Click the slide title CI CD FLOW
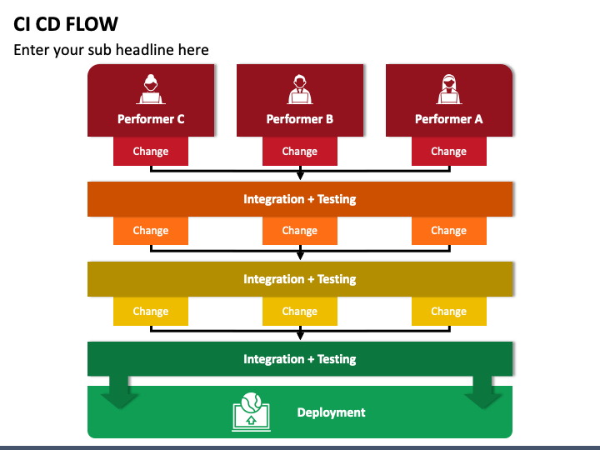coord(66,24)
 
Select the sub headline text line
coord(111,50)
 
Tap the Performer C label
coord(151,119)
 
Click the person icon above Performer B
coord(300,89)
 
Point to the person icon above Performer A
coord(449,89)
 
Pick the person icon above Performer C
coord(151,89)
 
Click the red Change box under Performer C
coord(151,151)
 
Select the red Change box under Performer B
coord(300,151)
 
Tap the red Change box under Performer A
coord(449,151)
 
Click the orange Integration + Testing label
coord(300,199)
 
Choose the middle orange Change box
coord(300,230)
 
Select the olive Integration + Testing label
coord(300,279)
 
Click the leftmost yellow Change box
coord(151,311)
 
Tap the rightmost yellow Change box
coord(449,311)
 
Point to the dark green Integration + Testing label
coord(300,359)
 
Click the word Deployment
coord(332,412)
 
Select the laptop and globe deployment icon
coord(252,412)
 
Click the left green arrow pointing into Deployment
coord(119,392)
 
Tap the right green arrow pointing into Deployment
coord(482,392)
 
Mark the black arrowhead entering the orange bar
coord(300,176)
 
